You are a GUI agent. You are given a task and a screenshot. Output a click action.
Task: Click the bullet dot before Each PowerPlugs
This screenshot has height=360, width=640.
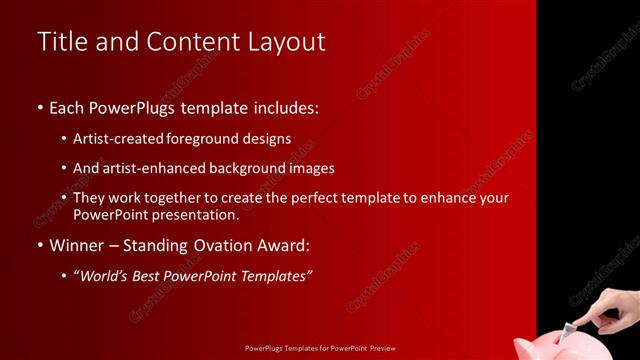tap(39, 107)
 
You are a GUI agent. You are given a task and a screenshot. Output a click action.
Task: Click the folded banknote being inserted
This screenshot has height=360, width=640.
tap(572, 327)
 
